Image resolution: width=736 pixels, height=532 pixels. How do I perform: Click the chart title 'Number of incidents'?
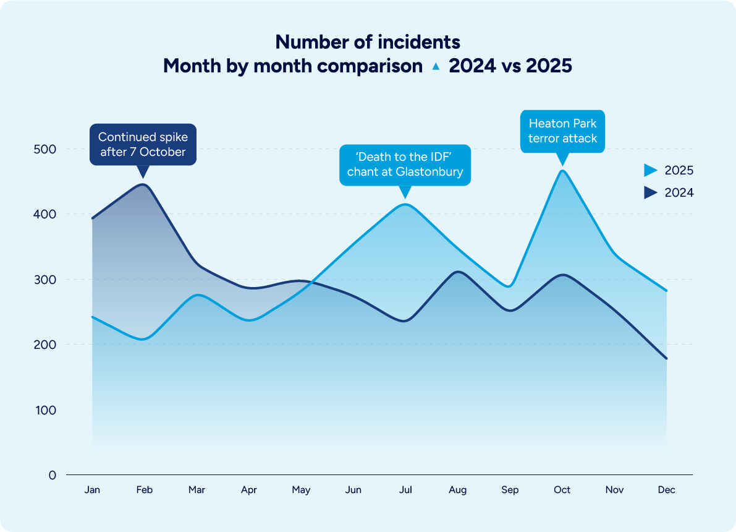click(368, 42)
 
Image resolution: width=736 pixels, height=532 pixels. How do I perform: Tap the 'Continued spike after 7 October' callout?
click(143, 145)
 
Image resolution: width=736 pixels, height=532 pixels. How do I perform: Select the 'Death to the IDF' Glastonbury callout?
click(405, 165)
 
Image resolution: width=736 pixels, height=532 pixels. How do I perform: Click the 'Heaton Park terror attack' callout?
click(562, 131)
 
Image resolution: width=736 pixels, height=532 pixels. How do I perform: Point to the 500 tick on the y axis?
click(44, 149)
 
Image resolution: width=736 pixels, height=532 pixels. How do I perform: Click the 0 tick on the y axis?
click(53, 475)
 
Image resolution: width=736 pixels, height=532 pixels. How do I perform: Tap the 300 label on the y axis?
click(44, 280)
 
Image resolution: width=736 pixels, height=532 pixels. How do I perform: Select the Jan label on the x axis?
click(92, 490)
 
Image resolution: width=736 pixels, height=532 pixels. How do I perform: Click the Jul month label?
click(405, 490)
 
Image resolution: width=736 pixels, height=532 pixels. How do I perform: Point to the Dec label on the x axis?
click(667, 490)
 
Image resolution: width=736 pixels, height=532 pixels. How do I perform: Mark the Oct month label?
click(562, 490)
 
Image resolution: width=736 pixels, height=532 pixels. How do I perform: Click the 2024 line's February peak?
click(143, 184)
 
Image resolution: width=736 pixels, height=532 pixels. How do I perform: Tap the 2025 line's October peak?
click(562, 171)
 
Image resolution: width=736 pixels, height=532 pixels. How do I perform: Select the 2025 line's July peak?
click(405, 204)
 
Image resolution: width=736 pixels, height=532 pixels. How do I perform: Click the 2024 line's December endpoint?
click(667, 358)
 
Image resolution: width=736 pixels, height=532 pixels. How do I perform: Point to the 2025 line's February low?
click(143, 339)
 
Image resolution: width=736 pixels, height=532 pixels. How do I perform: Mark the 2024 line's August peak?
click(458, 272)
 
